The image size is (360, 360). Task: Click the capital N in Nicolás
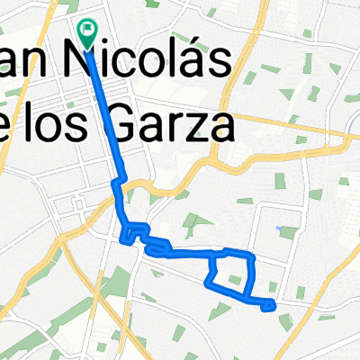[x=78, y=65]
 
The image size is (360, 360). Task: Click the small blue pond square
[x=288, y=231]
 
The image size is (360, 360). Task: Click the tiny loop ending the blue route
[x=268, y=306]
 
